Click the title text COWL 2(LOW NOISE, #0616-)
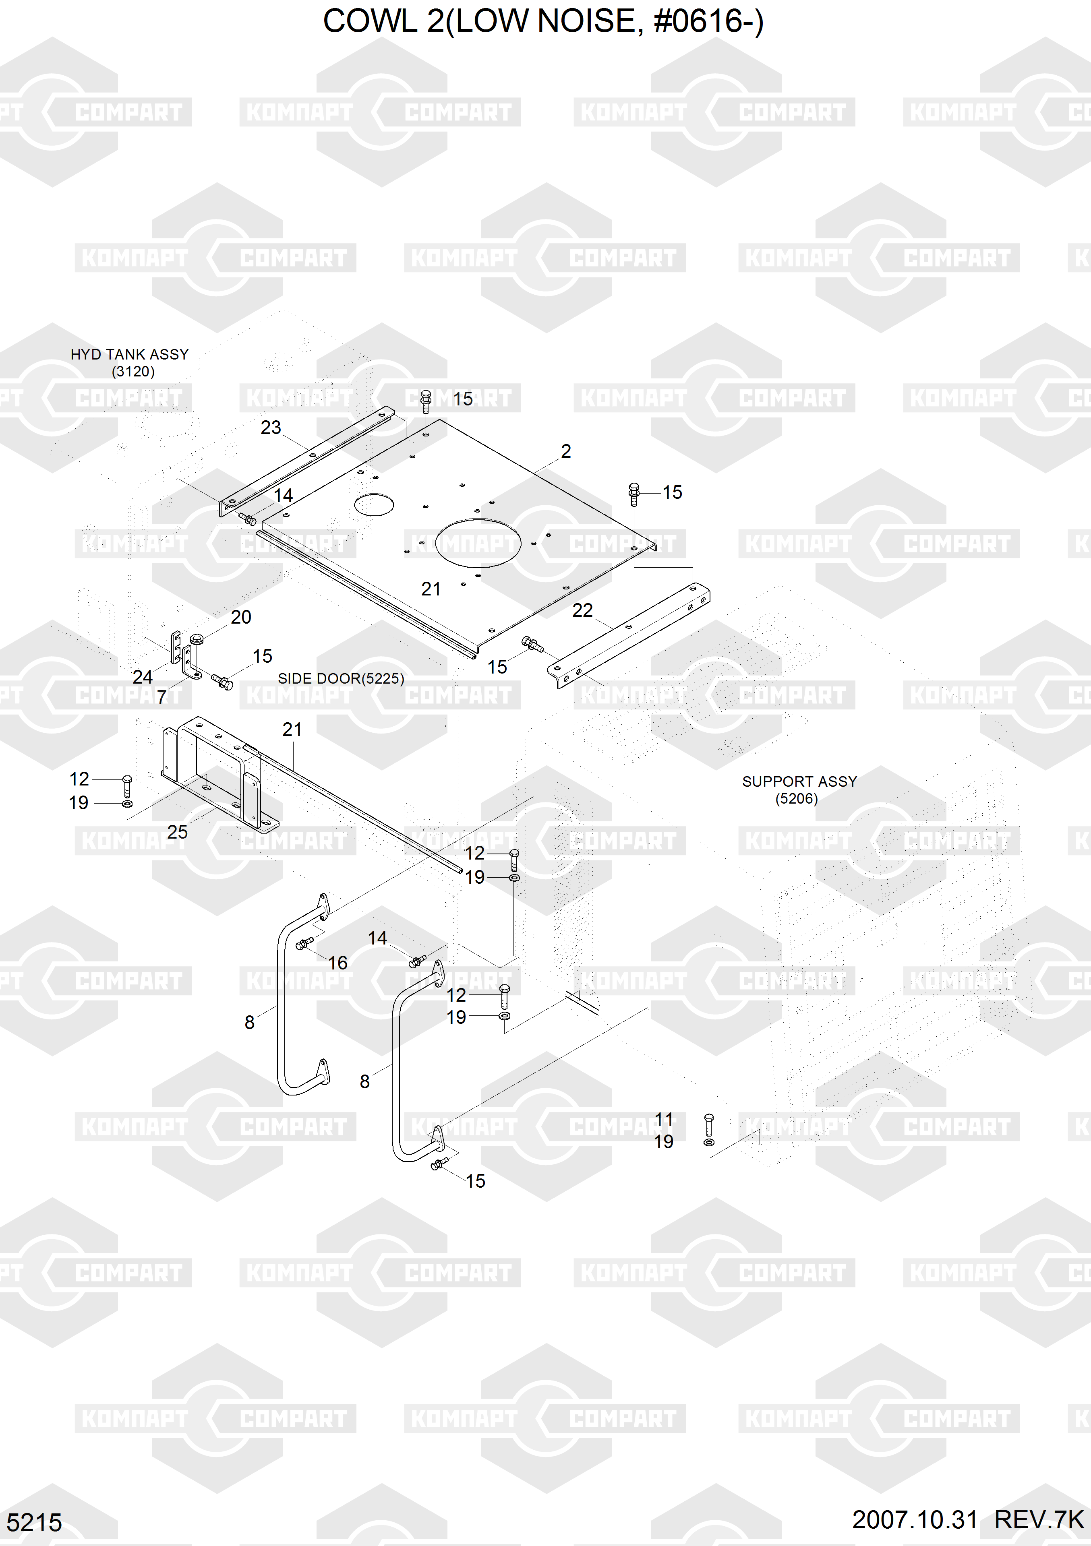(x=543, y=22)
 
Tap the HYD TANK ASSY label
(x=129, y=354)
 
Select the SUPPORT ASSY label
(x=799, y=781)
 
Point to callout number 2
(x=566, y=451)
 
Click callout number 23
(x=271, y=428)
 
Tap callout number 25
(x=177, y=832)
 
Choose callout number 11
(x=664, y=1119)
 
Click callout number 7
(x=161, y=697)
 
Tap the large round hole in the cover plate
(x=478, y=544)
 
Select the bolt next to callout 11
(x=708, y=1125)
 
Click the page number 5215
(x=34, y=1522)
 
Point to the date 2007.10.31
(x=915, y=1520)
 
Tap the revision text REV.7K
(x=1039, y=1520)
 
